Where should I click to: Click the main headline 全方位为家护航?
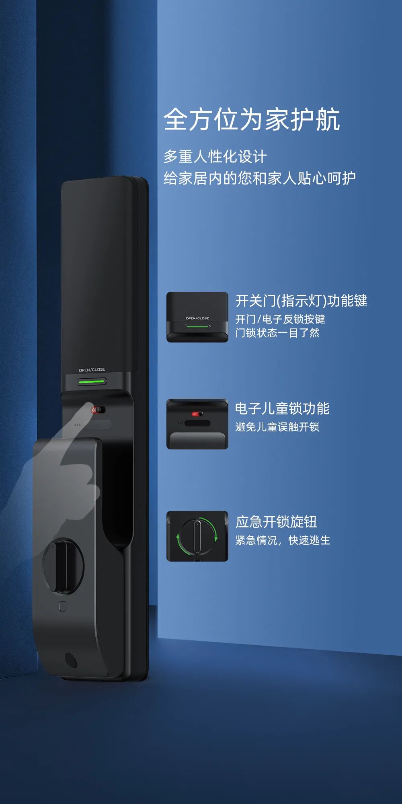tap(252, 119)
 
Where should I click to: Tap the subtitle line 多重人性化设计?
tap(215, 157)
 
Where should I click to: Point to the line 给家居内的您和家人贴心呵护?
tap(259, 178)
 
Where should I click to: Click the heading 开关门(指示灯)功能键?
tap(301, 301)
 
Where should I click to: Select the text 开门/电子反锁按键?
tap(280, 319)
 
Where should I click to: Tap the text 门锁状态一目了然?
tap(277, 333)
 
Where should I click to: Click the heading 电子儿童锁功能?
tap(282, 408)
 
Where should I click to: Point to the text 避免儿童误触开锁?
tap(277, 427)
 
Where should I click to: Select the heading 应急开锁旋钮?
tap(276, 522)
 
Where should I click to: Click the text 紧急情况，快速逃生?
tap(283, 540)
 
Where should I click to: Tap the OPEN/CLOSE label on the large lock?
tap(92, 370)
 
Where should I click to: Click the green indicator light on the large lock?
tap(92, 381)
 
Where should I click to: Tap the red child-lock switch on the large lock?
tap(98, 410)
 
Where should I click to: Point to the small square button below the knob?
tap(63, 606)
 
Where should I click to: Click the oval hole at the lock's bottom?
tap(71, 660)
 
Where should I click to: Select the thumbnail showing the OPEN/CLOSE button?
tap(197, 317)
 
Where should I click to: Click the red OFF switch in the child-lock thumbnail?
tap(196, 414)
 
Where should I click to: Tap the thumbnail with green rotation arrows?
tap(197, 536)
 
